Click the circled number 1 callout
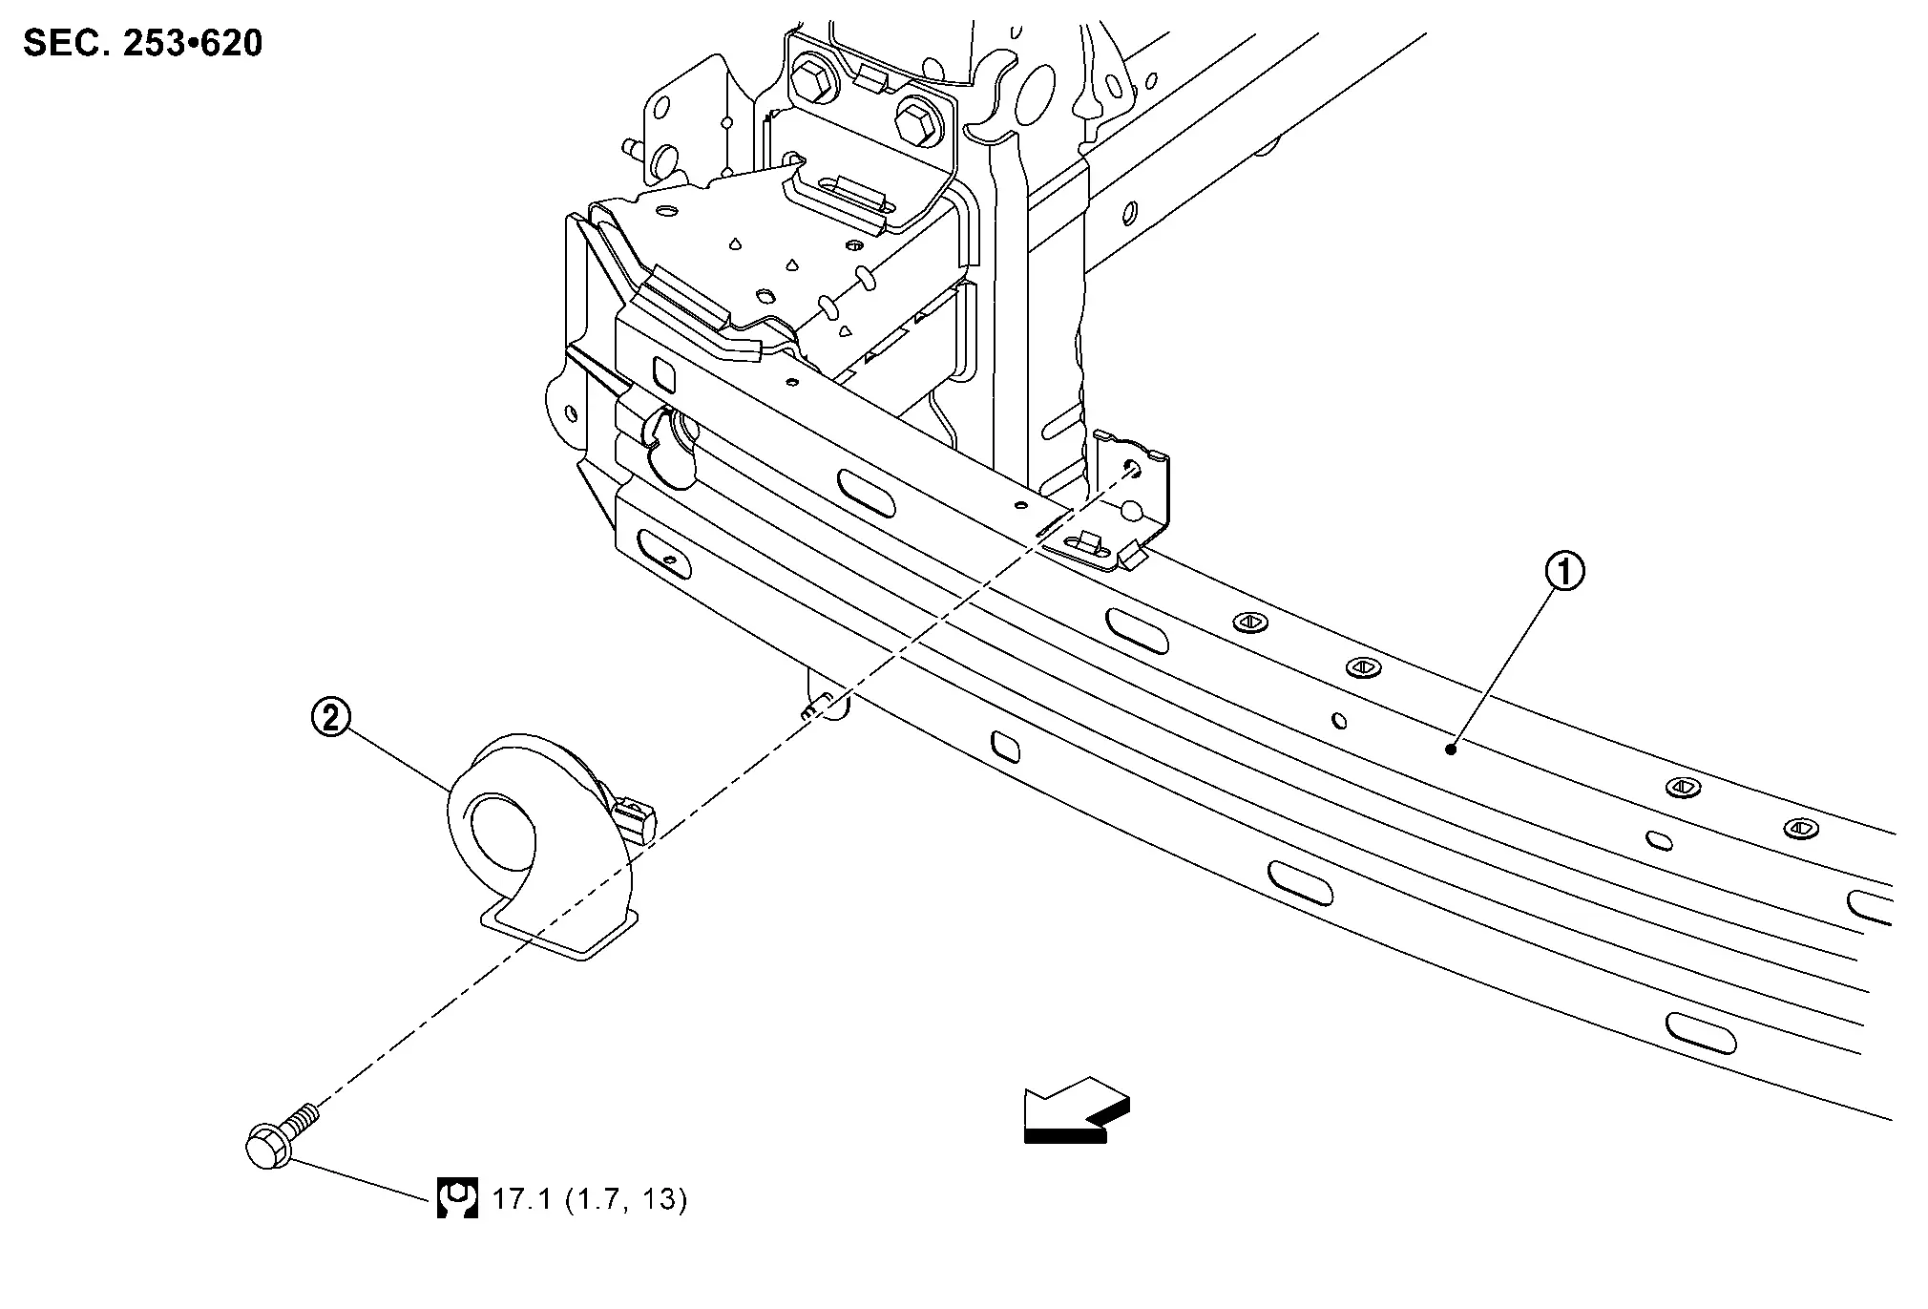tap(1565, 572)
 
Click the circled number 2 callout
tap(331, 717)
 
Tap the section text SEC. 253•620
tap(142, 43)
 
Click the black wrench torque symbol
tap(457, 1197)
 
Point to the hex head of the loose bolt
tap(269, 1146)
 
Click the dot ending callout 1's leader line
tap(1450, 749)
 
